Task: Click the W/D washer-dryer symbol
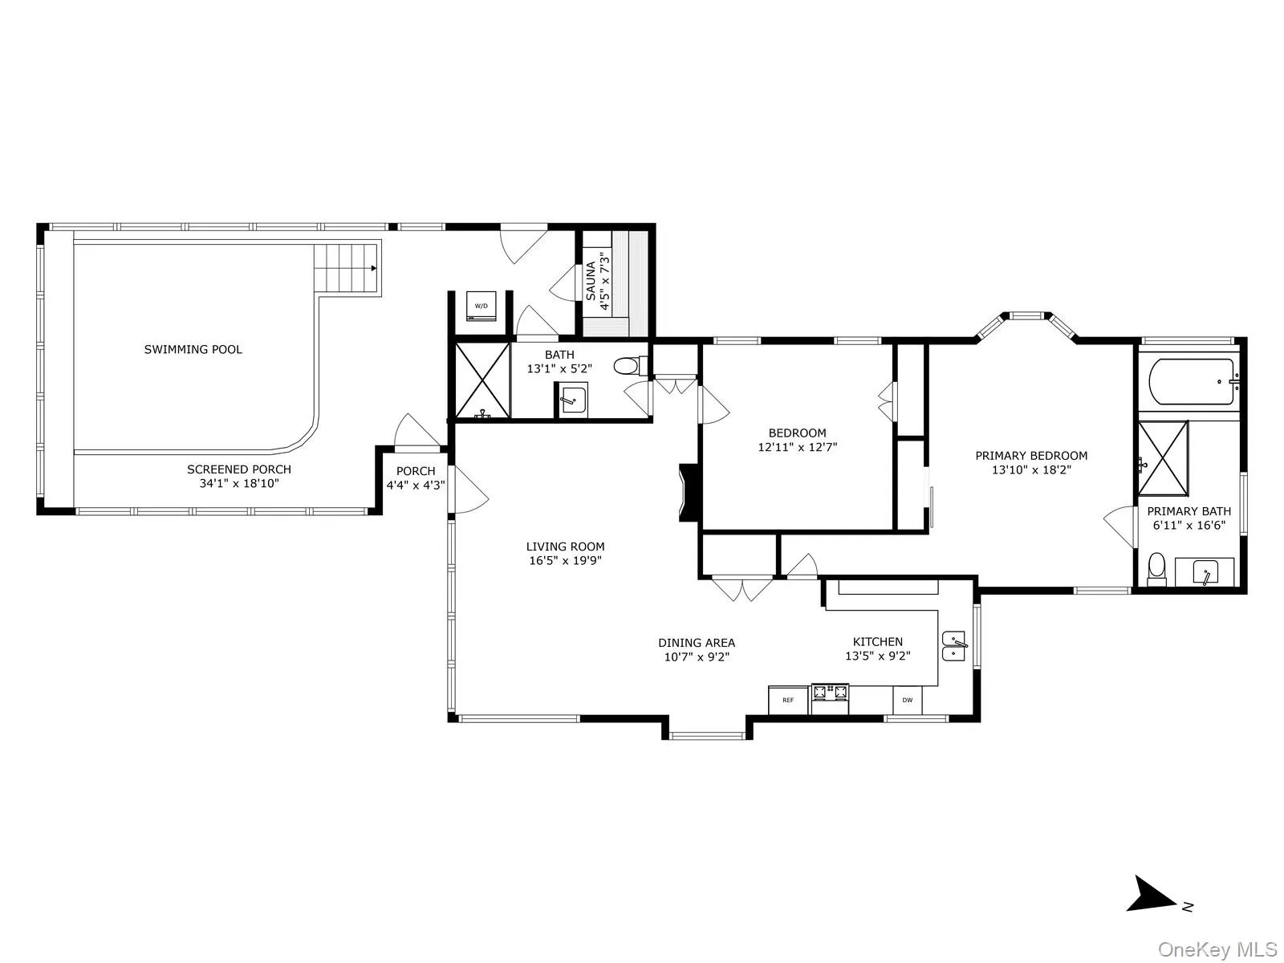(481, 306)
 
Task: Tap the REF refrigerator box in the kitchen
(788, 700)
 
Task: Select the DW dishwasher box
(908, 700)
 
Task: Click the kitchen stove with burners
(830, 697)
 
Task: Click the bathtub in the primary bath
(1192, 383)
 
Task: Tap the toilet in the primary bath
(1156, 567)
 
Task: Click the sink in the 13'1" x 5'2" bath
(573, 399)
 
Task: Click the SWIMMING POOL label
(193, 349)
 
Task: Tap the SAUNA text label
(591, 281)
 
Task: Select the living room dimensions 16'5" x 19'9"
(565, 561)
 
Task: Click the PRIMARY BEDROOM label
(1031, 455)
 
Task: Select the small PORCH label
(416, 471)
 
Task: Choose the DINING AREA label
(697, 642)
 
